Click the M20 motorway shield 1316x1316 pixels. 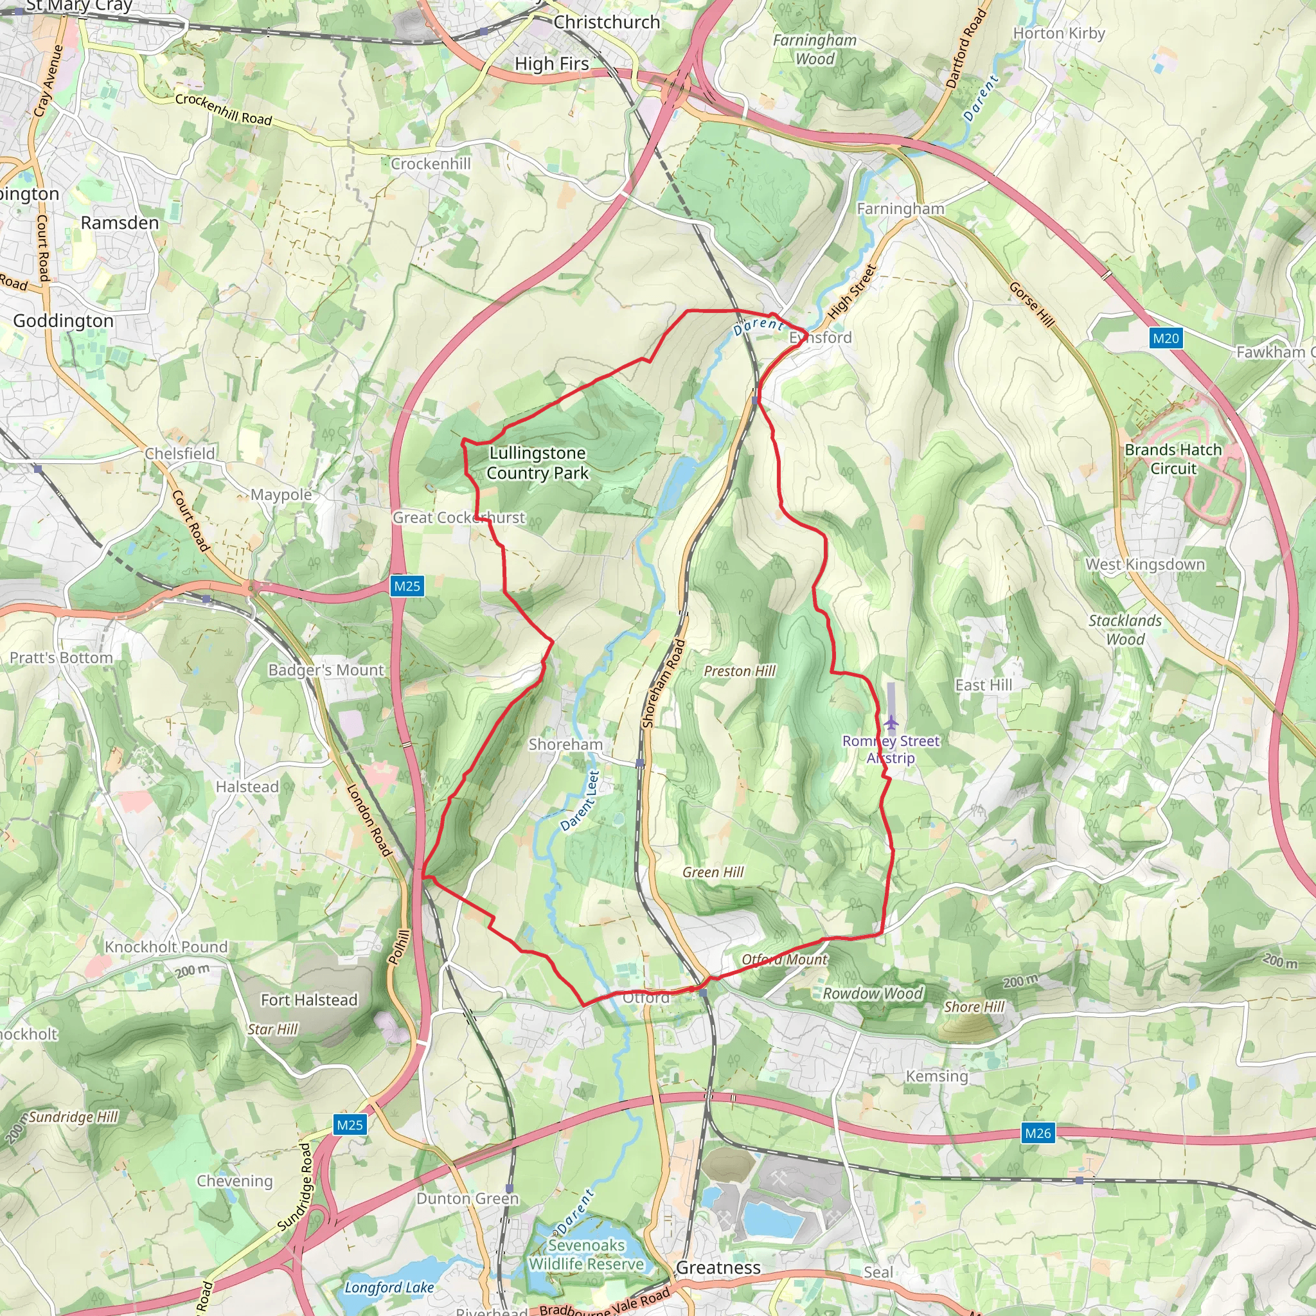click(1166, 338)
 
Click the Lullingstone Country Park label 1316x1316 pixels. click(537, 463)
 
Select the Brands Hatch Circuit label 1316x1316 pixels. click(1173, 459)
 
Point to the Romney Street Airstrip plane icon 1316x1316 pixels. click(891, 722)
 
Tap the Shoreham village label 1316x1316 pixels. click(565, 745)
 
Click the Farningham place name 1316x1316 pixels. click(900, 209)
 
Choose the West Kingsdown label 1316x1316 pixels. click(1145, 565)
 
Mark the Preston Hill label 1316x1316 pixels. click(740, 671)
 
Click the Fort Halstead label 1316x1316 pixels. click(309, 1000)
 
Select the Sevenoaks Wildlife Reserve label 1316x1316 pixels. click(587, 1255)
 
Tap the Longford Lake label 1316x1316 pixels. click(389, 1287)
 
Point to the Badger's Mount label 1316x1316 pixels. click(326, 670)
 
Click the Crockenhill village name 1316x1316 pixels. click(431, 164)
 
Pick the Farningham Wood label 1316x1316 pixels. click(815, 49)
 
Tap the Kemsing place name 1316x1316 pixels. click(937, 1076)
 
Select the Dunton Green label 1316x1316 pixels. click(468, 1198)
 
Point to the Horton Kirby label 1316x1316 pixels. click(1059, 33)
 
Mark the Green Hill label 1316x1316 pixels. click(713, 873)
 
